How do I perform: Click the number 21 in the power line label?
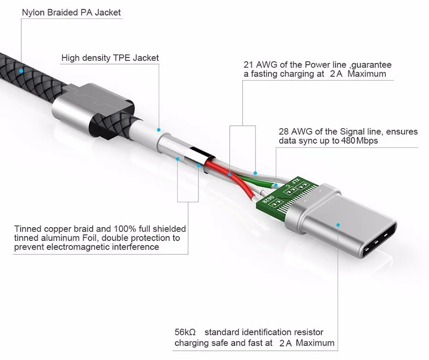(250, 65)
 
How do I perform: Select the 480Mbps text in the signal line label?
(360, 141)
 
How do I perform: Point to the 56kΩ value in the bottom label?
(185, 332)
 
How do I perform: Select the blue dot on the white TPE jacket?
(158, 130)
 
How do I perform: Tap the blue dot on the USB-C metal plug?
(338, 225)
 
